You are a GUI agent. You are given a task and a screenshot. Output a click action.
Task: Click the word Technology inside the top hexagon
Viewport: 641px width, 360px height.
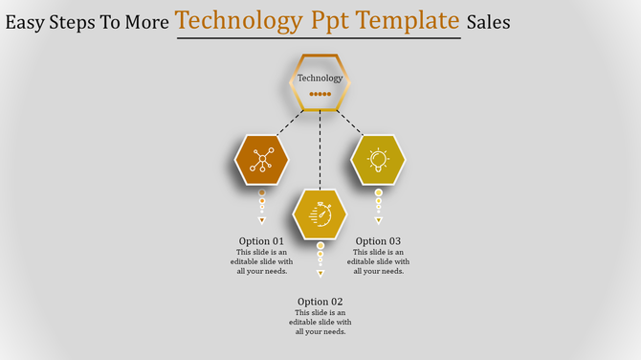tap(320, 79)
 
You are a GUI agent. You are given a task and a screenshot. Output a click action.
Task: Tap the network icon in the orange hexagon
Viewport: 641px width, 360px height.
tap(261, 160)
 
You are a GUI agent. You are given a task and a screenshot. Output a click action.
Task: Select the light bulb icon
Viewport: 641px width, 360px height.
tap(378, 159)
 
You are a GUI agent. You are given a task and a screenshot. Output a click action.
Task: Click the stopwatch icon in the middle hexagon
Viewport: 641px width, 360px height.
tap(320, 214)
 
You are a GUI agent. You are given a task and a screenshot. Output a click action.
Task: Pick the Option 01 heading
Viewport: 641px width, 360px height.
tap(261, 241)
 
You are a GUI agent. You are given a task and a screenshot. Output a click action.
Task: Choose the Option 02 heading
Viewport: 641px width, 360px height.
tap(320, 302)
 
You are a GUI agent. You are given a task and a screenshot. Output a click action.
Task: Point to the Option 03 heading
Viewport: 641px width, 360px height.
tap(378, 241)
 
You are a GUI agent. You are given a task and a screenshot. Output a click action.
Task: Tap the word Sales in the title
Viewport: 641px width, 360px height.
tap(488, 21)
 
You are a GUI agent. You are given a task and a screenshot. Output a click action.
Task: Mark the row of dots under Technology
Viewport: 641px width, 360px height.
tap(320, 95)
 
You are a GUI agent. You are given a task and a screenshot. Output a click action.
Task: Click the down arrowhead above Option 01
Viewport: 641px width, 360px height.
tap(261, 220)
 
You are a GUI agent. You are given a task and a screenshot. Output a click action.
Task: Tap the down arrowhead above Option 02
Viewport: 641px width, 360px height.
tap(320, 274)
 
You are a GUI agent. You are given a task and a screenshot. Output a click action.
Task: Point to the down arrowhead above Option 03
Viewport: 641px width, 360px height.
tap(378, 220)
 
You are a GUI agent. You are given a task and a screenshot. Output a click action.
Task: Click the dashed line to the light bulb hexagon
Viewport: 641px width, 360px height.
tap(350, 124)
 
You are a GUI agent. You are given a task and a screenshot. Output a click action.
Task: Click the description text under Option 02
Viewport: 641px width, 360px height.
tap(320, 323)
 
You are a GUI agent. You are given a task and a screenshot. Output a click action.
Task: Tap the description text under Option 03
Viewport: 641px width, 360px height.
tap(378, 261)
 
